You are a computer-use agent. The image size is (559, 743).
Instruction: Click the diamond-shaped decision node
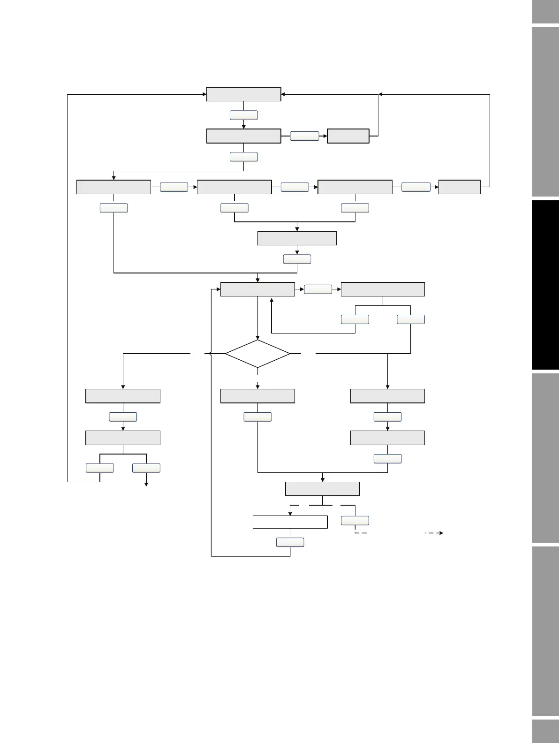[257, 354]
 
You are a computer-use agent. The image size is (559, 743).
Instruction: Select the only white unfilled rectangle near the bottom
[290, 522]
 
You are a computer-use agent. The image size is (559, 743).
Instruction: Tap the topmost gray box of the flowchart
[243, 94]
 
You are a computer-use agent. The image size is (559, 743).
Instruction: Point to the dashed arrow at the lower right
[434, 533]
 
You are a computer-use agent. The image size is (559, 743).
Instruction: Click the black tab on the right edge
[545, 285]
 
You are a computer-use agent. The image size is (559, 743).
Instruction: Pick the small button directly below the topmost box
[243, 115]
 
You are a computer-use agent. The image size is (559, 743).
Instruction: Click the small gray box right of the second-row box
[348, 136]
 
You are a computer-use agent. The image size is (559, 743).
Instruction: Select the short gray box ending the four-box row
[459, 187]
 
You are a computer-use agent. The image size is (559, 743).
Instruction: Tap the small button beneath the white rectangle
[290, 542]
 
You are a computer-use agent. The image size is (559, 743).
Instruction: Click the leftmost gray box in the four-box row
[113, 187]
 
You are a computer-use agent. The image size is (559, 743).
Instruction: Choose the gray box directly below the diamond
[257, 396]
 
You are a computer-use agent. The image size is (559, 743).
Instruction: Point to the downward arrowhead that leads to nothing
[146, 484]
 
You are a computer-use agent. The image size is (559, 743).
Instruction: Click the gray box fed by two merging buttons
[297, 238]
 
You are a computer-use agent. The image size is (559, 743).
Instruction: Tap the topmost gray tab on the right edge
[545, 11]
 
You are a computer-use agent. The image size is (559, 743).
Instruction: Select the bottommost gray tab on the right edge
[545, 732]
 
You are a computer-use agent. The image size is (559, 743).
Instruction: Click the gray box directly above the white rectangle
[323, 489]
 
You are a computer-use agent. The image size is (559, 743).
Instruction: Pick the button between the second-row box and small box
[304, 136]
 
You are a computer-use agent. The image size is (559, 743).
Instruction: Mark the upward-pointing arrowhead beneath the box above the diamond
[272, 300]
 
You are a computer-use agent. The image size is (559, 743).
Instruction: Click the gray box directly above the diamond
[257, 289]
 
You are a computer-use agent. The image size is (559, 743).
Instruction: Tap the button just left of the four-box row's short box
[416, 187]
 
